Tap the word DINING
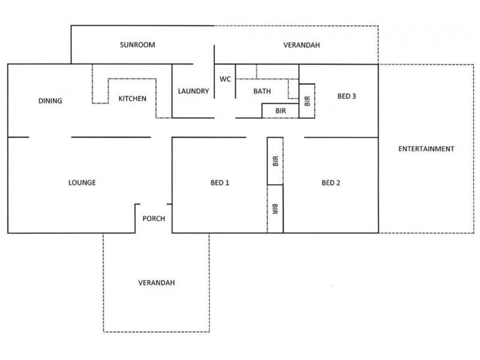tap(50, 101)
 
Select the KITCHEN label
tap(132, 98)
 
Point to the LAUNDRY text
tap(193, 92)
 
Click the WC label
tap(225, 79)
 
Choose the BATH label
tap(262, 92)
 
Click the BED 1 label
tap(220, 183)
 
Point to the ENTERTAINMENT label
tap(426, 149)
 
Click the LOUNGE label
tap(82, 183)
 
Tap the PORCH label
tap(154, 219)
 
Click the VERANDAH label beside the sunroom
tap(301, 45)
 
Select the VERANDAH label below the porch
tap(156, 282)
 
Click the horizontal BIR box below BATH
tap(281, 111)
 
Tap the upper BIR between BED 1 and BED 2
tap(275, 161)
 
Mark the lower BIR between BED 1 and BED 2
tap(275, 209)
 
